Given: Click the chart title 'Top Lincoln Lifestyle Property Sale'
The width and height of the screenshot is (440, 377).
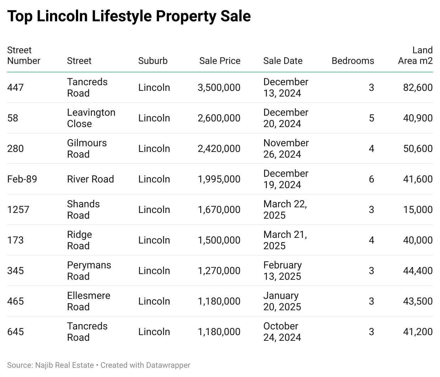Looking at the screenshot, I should point(129,16).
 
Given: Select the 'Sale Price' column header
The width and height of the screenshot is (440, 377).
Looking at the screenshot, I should point(220,61).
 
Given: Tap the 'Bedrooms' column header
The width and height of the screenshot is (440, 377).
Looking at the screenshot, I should point(353,61).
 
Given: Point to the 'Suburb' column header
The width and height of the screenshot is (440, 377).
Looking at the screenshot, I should point(153,61).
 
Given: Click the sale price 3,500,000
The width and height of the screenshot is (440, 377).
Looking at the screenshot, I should point(219,87).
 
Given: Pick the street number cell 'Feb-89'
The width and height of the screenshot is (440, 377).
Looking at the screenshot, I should point(22,179).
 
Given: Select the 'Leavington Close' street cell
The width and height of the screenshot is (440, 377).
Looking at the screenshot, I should point(91,118).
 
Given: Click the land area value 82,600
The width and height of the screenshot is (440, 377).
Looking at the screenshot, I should point(418,87).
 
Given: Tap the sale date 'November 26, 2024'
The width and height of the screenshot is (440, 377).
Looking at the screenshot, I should point(286,148).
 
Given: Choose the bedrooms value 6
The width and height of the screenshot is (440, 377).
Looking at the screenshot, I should point(371,179).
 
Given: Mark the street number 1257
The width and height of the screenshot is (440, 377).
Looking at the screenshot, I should point(18,209).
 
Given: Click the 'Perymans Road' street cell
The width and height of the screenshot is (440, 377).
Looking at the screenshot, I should point(89,271).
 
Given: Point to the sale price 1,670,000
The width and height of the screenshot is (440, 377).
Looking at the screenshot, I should point(219,209).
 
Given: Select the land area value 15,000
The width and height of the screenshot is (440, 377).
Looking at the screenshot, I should point(418,209).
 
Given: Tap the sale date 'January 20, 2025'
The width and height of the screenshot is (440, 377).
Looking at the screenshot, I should point(282,301).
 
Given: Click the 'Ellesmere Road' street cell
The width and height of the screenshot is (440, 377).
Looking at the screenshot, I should point(89,301).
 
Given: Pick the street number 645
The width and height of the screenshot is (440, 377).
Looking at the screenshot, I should point(16,332).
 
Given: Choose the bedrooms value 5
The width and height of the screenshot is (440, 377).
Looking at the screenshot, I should point(371,118).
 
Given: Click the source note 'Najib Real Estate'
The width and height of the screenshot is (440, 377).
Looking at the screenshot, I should point(65,365).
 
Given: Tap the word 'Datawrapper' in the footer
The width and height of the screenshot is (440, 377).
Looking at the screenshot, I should point(168,365).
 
